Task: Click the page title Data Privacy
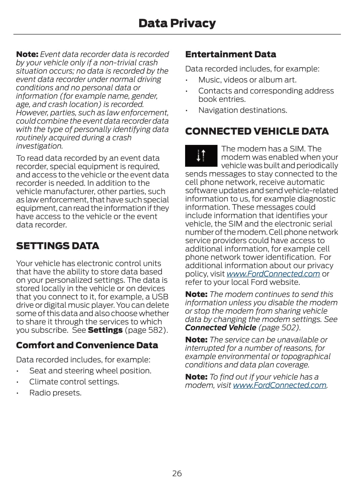[x=177, y=23]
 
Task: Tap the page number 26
[x=177, y=473]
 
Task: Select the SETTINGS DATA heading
[x=58, y=246]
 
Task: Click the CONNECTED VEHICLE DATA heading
[x=257, y=131]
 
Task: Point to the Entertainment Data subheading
[x=230, y=54]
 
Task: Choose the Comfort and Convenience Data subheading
[x=87, y=345]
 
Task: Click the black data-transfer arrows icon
[x=201, y=155]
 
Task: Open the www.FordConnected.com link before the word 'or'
[x=273, y=274]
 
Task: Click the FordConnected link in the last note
[x=280, y=385]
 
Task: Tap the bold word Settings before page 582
[x=105, y=330]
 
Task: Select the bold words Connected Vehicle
[x=221, y=328]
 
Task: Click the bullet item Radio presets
[x=55, y=393]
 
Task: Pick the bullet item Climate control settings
[x=74, y=382]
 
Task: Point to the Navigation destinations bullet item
[x=243, y=110]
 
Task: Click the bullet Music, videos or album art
[x=247, y=80]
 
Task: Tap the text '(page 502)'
[x=280, y=328]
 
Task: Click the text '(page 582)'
[x=146, y=330]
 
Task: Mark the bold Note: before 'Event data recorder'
[x=27, y=54]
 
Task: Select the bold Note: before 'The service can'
[x=196, y=340]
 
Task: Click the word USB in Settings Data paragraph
[x=160, y=297]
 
